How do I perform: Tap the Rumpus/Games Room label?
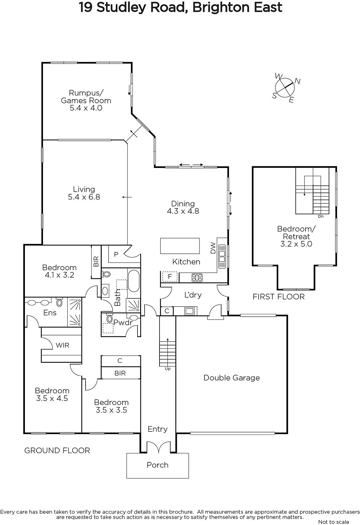[x=86, y=96]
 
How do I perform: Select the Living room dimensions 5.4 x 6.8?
[x=84, y=197]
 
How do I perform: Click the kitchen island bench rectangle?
[x=180, y=246]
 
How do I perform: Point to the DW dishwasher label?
[x=213, y=248]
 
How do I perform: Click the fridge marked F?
[x=170, y=277]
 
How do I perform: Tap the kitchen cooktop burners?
[x=197, y=278]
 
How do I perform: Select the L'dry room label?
[x=193, y=295]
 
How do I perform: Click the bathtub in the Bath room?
[x=134, y=281]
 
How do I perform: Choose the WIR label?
[x=62, y=345]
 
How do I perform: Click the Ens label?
[x=50, y=313]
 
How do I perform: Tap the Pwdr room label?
[x=123, y=323]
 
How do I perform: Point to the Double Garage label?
[x=232, y=378]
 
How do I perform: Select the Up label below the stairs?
[x=168, y=369]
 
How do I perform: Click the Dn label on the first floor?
[x=321, y=216]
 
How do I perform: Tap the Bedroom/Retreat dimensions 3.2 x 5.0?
[x=296, y=244]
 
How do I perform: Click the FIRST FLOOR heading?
[x=279, y=297]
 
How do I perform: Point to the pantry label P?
[x=116, y=254]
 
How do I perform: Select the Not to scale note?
[x=334, y=522]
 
